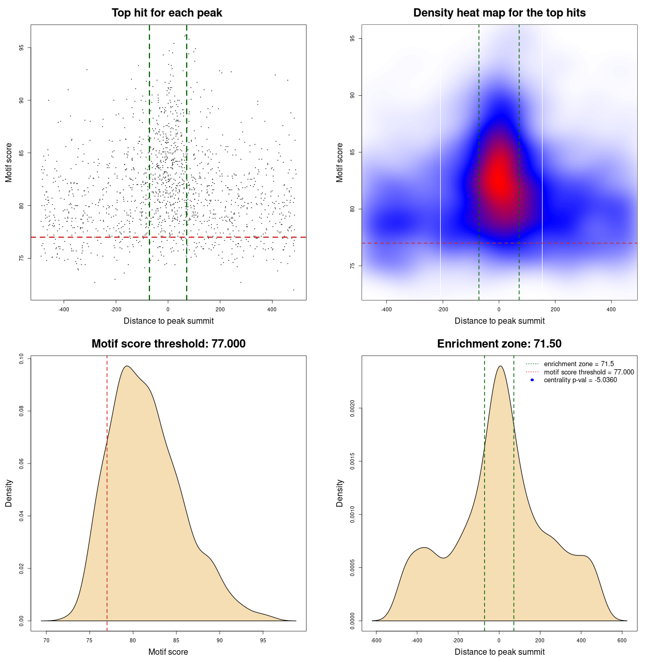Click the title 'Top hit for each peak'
tap(167, 13)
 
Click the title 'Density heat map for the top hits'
tap(499, 13)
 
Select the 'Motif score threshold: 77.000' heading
tap(168, 344)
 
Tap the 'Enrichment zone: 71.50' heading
tap(499, 344)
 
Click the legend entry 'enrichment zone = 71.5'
tap(579, 364)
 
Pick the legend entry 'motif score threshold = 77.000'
tap(589, 372)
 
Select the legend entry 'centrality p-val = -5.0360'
tap(580, 380)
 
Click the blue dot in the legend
tap(532, 380)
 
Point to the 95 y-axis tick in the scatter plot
tap(22, 48)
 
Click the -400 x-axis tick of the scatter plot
tap(64, 309)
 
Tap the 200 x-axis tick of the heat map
tap(555, 309)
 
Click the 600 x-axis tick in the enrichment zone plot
tap(622, 640)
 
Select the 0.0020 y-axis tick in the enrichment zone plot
tap(353, 409)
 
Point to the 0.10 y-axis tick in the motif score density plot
tap(22, 358)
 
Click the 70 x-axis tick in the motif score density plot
tap(46, 640)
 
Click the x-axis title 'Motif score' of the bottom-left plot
tap(168, 652)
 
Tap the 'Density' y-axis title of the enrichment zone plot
tap(340, 493)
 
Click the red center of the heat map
tap(499, 176)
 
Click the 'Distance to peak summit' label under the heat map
tap(499, 321)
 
